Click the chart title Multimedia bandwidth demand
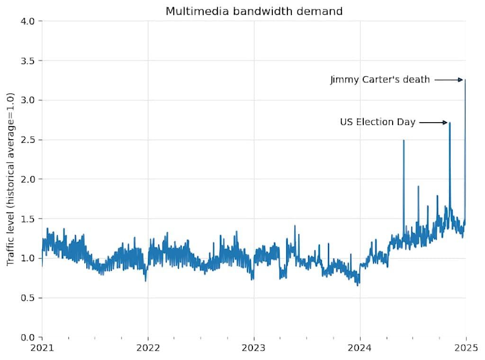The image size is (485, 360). [254, 11]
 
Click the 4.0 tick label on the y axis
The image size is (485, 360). [28, 21]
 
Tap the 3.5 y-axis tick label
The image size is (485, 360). [28, 61]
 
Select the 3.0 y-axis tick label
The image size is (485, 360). [28, 100]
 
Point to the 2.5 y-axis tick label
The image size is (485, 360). [28, 140]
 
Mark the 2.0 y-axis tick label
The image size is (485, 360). [28, 179]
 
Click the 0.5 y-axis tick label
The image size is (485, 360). [28, 298]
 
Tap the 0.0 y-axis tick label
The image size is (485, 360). [28, 337]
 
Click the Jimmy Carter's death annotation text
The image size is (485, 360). [380, 80]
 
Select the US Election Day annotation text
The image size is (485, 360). [377, 122]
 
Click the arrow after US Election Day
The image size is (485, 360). [433, 123]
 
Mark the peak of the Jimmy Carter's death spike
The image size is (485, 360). [465, 80]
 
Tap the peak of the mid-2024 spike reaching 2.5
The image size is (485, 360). [404, 140]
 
